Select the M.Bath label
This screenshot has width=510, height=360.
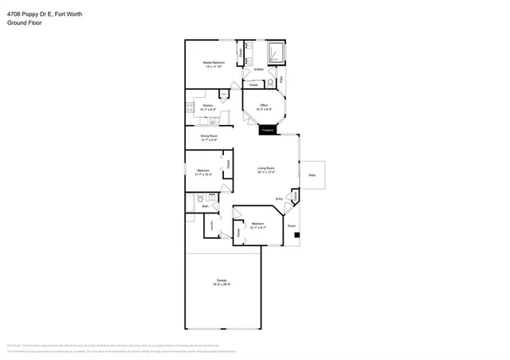coord(259,69)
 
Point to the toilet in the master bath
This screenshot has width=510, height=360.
coord(270,81)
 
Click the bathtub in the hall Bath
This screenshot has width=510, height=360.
coord(190,206)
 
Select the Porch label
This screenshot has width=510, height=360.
coord(292,226)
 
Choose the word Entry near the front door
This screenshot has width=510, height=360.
coord(279,198)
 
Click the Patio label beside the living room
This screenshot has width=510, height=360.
coord(312,174)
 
